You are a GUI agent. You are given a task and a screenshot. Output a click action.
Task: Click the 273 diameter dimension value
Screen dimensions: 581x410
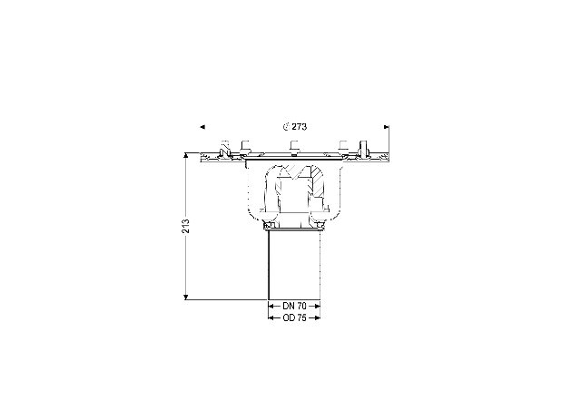tap(299, 127)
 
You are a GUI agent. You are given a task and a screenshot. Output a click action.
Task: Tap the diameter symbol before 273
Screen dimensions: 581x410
tap(286, 127)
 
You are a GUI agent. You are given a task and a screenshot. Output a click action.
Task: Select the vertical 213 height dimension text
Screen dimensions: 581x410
tap(185, 226)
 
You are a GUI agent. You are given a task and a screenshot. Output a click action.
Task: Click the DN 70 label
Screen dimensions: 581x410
tap(294, 306)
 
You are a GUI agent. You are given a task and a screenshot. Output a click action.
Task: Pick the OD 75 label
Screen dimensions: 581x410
tap(294, 317)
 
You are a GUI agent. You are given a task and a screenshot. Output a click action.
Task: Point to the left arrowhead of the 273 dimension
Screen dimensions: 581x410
tap(202, 127)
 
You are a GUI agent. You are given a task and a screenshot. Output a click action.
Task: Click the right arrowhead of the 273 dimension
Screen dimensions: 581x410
tap(387, 127)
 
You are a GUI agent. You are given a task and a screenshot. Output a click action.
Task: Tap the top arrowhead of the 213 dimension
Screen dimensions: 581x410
tap(186, 155)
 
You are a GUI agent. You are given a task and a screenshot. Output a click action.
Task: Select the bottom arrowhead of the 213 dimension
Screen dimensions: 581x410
tap(186, 297)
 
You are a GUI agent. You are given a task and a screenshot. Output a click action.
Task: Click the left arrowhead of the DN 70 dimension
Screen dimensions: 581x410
tap(271, 306)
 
